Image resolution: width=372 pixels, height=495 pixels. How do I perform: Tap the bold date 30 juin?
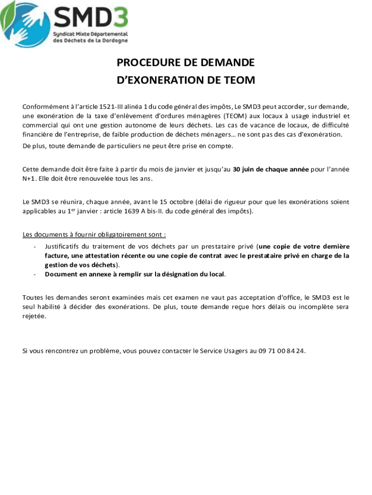coord(247,169)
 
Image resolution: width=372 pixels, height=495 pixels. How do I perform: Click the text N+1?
coord(29,178)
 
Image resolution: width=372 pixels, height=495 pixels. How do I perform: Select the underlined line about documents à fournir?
coord(94,235)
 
